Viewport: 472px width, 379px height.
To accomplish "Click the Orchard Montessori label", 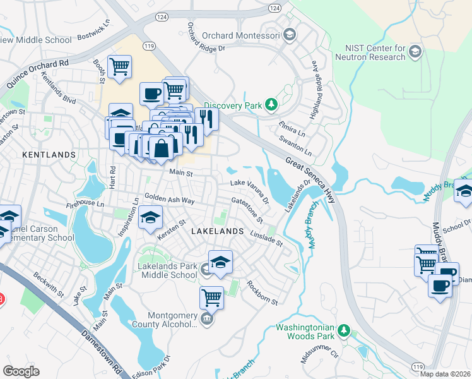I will [x=240, y=35].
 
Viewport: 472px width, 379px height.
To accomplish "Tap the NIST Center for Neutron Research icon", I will [x=415, y=51].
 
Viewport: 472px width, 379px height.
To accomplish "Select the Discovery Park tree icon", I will [x=271, y=104].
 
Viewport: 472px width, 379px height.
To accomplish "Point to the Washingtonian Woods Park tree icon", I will [x=343, y=330].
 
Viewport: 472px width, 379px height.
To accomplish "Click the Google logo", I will [x=21, y=371].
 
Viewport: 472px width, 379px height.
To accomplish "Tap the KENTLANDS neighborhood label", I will [x=49, y=154].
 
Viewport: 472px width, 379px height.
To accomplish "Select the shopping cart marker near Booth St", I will [x=119, y=66].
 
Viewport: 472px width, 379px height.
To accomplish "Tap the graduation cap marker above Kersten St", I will [x=150, y=218].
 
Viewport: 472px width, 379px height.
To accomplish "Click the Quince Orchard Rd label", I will [x=37, y=74].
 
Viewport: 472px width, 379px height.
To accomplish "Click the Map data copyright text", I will [x=444, y=374].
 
